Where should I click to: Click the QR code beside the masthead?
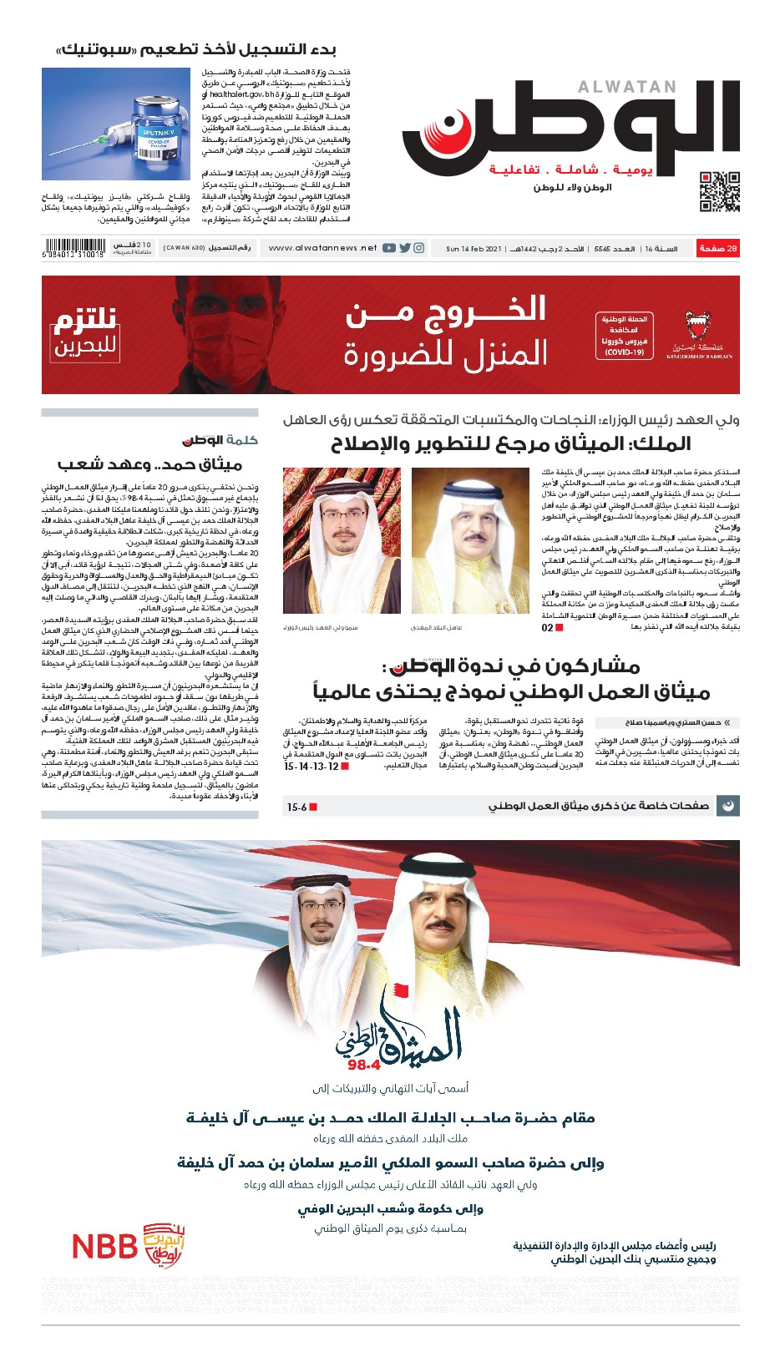click(x=719, y=191)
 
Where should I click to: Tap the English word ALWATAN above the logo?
click(x=627, y=87)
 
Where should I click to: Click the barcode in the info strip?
click(x=73, y=248)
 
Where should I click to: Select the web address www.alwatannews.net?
click(x=322, y=248)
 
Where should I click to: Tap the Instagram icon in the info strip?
click(x=419, y=248)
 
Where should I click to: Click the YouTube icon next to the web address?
click(x=389, y=248)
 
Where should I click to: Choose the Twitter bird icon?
click(x=404, y=248)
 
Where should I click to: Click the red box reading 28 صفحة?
click(x=718, y=248)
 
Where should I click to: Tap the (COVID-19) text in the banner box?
click(x=624, y=352)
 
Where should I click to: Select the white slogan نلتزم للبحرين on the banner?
click(x=84, y=333)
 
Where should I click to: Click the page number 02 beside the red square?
click(x=547, y=627)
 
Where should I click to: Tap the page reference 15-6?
click(x=296, y=808)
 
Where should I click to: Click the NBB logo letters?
click(x=104, y=1247)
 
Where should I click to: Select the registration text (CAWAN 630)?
click(x=184, y=248)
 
